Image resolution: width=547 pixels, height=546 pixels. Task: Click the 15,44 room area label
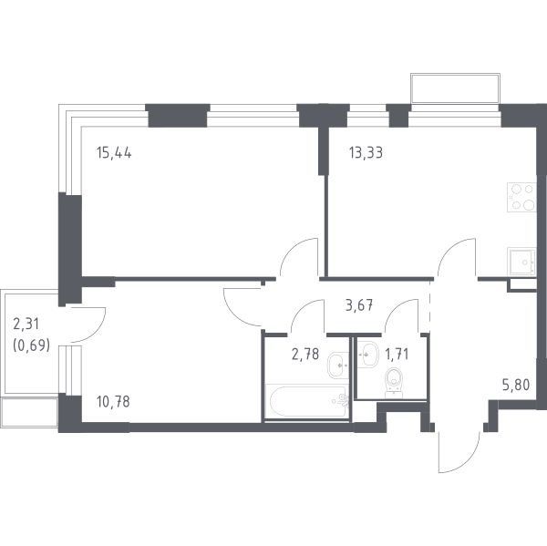(114, 153)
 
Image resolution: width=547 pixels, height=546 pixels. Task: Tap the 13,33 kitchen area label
(366, 153)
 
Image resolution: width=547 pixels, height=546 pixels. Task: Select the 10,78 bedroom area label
(113, 402)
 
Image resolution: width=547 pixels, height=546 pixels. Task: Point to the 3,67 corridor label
(359, 306)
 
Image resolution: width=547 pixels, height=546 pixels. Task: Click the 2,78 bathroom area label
(304, 354)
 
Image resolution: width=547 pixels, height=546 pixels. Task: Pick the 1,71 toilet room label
(397, 354)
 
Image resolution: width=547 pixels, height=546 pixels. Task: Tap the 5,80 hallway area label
(516, 385)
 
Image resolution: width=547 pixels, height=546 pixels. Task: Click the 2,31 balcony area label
(26, 325)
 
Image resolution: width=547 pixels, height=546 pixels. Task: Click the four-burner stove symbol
(521, 198)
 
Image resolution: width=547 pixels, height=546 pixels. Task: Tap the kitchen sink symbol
(521, 261)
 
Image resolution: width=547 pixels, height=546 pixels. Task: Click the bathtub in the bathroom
(307, 401)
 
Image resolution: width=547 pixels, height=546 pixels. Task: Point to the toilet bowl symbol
(394, 383)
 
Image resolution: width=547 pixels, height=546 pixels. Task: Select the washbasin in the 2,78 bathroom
(337, 365)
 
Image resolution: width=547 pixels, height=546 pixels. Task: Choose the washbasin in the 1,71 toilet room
(367, 355)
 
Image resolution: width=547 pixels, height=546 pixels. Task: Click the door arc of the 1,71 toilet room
(396, 307)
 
